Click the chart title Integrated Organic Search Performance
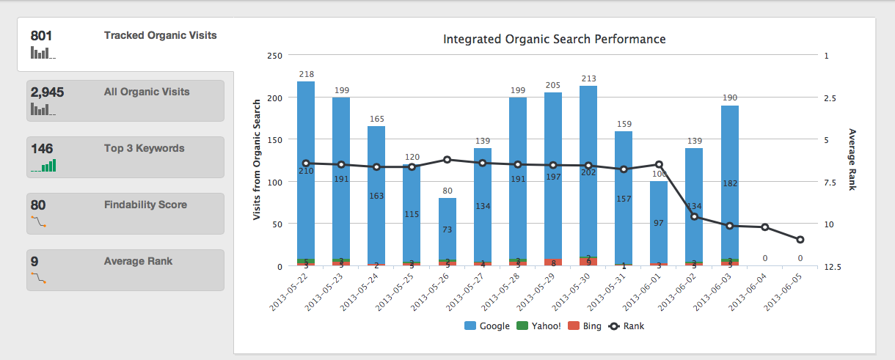[554, 39]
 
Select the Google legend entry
[487, 326]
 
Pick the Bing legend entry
[585, 326]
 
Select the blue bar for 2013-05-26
[447, 227]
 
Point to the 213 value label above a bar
[588, 78]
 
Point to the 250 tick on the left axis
[275, 56]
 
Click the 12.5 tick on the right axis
[831, 266]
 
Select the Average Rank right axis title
[852, 160]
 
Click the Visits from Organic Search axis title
[257, 160]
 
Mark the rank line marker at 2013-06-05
[800, 240]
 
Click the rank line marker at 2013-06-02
[694, 216]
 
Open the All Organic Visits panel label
[147, 92]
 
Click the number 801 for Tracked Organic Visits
[40, 35]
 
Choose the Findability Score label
[145, 205]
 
